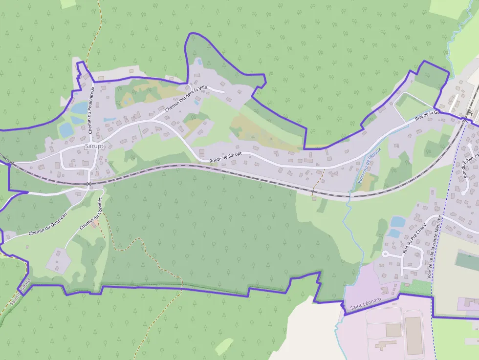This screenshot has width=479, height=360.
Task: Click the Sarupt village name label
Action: [x=94, y=146]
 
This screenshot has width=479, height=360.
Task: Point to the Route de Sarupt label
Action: [x=226, y=158]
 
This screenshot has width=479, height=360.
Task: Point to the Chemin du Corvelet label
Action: [x=92, y=214]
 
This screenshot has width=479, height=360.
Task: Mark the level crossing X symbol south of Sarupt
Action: [x=88, y=184]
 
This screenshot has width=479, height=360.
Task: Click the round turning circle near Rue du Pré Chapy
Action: [x=385, y=254]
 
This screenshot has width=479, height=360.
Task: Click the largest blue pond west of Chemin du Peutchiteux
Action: [x=65, y=130]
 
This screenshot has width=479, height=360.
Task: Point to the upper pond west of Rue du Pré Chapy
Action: [x=398, y=222]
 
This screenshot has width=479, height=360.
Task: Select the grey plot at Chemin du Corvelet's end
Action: [x=58, y=259]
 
